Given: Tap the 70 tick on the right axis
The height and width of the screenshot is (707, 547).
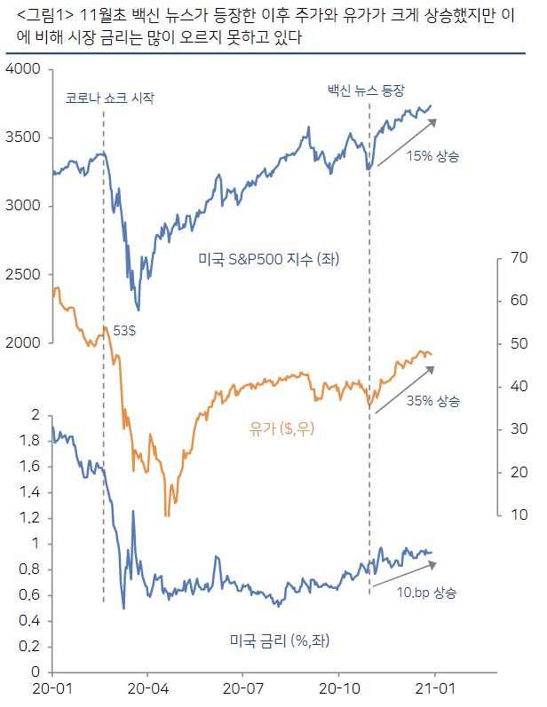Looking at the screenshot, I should coord(517,258).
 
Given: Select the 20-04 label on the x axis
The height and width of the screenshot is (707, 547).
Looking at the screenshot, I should coord(147,687).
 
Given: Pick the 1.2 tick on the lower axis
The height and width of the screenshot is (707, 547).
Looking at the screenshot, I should coord(32,517).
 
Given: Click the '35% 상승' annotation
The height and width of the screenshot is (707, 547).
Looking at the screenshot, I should coord(433,401).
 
